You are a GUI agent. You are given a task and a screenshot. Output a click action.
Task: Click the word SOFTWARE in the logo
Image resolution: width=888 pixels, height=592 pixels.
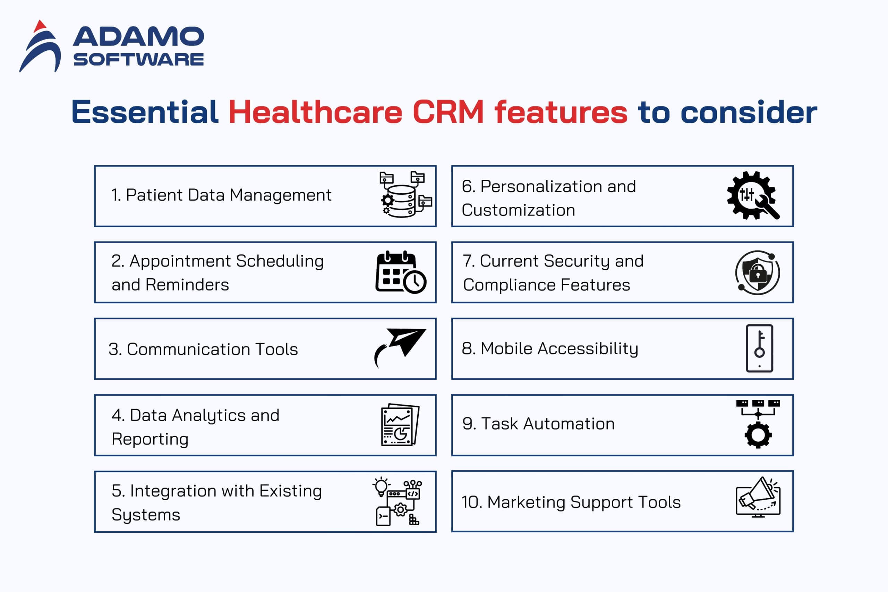click(138, 59)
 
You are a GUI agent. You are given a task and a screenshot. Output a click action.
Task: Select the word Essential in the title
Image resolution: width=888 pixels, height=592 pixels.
click(145, 112)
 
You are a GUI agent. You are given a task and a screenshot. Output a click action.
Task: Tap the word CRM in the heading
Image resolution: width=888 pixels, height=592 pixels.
click(448, 112)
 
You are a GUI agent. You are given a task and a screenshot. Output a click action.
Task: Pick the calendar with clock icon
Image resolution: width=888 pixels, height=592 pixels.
click(401, 272)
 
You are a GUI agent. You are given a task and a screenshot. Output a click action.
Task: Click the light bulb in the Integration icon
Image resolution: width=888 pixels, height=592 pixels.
click(381, 486)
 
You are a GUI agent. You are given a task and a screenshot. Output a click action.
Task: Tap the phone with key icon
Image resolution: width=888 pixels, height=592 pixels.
click(759, 348)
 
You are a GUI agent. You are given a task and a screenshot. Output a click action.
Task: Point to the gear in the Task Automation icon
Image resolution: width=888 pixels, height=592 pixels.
click(758, 435)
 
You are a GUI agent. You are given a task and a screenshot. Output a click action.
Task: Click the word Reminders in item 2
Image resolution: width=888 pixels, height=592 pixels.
click(187, 285)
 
